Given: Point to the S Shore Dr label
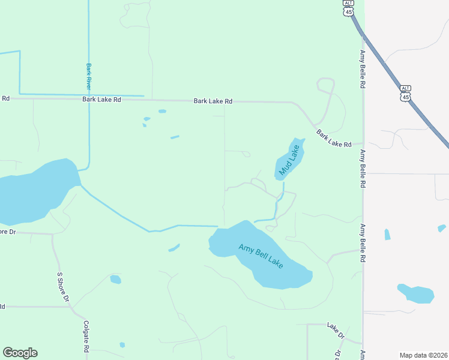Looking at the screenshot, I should coord(63,287).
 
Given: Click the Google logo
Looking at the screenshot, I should coord(20,353).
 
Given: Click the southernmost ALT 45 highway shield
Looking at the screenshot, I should coord(406,93).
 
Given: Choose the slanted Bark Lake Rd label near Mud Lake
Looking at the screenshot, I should coord(333,139).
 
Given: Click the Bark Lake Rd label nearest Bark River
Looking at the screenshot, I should coord(101,100).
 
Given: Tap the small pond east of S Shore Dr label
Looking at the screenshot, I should coord(115,279).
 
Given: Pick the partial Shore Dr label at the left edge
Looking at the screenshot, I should coord(7,232).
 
